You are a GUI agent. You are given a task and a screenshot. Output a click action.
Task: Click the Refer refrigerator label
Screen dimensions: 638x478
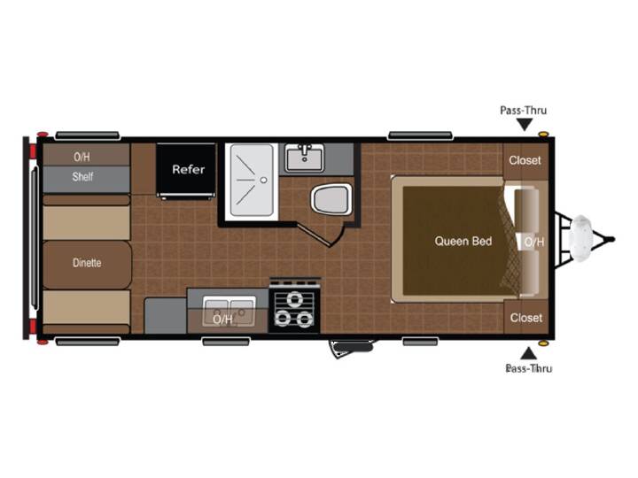click(189, 169)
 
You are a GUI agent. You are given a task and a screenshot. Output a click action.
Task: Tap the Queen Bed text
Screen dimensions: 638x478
click(463, 241)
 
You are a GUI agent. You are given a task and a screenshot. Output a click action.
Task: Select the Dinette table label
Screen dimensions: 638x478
click(87, 263)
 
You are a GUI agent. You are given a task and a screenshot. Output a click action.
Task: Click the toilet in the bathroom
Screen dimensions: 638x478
click(331, 199)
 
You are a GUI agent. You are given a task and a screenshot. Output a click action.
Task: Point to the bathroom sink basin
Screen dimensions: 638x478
click(305, 159)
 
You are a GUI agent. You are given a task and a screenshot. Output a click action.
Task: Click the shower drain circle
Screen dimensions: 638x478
click(264, 180)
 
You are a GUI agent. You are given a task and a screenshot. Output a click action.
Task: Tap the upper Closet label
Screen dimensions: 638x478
click(525, 160)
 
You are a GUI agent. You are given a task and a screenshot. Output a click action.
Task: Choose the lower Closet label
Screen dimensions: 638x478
click(526, 318)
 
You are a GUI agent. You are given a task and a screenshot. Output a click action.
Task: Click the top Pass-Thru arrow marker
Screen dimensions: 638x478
click(525, 125)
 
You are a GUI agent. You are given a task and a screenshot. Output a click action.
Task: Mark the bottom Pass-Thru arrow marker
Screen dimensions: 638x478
click(528, 353)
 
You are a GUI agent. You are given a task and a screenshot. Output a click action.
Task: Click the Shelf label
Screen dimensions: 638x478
click(82, 176)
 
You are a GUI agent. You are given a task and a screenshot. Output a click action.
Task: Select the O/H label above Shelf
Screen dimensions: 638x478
click(82, 157)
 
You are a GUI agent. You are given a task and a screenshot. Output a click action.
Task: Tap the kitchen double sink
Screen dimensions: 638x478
click(230, 312)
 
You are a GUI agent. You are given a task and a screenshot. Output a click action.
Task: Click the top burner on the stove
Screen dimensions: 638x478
click(294, 300)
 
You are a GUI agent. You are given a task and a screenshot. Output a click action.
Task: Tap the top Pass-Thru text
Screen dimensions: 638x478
click(524, 110)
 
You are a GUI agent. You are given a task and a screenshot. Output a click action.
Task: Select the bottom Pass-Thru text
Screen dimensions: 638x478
click(528, 368)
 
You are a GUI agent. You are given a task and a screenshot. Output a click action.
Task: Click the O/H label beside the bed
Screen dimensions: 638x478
click(533, 243)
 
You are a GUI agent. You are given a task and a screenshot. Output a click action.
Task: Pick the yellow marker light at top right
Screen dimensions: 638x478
click(542, 135)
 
